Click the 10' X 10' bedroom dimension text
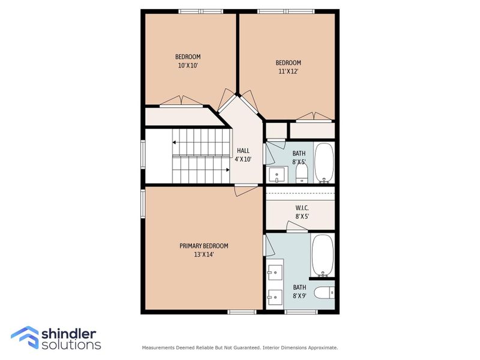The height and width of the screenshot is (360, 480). click(188, 66)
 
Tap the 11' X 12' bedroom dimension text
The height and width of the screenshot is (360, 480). click(288, 71)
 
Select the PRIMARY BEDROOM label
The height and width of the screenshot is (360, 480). click(204, 245)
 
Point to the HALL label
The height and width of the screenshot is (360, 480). click(243, 151)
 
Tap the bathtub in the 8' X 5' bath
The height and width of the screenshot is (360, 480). click(325, 162)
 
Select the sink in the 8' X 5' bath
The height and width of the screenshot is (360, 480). click(277, 175)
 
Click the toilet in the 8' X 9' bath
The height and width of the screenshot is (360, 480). click(325, 292)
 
